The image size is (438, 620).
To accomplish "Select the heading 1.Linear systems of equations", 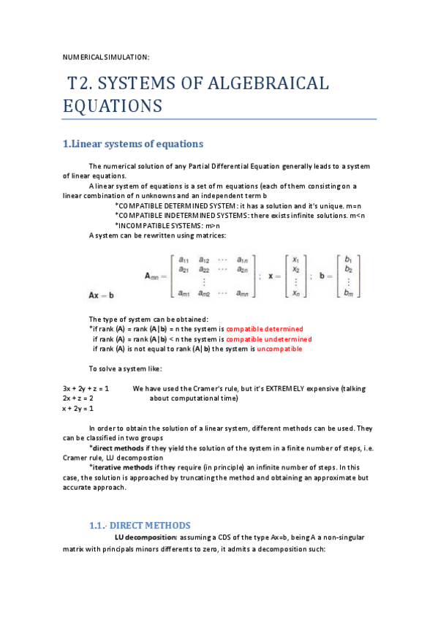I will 132,143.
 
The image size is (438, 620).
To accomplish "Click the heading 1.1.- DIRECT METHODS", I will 140,525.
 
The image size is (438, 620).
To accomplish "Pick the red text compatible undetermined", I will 268,339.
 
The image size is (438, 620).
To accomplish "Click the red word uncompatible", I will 279,349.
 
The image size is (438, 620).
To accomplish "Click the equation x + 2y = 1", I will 78,409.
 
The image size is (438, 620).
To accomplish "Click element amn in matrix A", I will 246,293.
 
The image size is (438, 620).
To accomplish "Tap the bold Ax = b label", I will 100,294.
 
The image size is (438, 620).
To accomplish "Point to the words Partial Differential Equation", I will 238,166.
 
